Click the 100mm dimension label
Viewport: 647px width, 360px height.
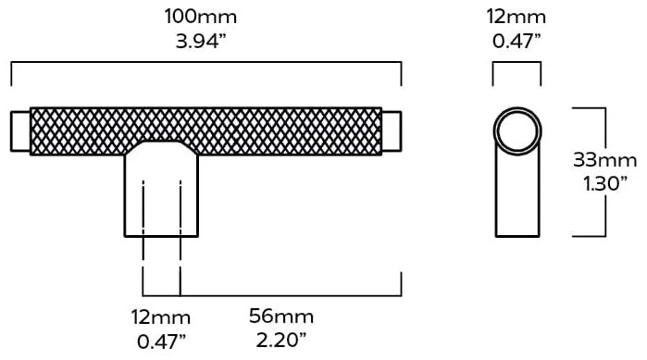pyautogui.click(x=201, y=17)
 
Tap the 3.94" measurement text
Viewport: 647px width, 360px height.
pyautogui.click(x=201, y=42)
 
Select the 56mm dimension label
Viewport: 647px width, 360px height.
pyautogui.click(x=281, y=317)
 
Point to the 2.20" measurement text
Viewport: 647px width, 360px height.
pyautogui.click(x=281, y=341)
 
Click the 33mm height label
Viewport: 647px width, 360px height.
pyautogui.click(x=605, y=160)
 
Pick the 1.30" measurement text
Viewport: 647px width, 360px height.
pyautogui.click(x=605, y=184)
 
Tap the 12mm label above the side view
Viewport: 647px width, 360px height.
pyautogui.click(x=516, y=17)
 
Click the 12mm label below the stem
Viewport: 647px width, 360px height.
pyautogui.click(x=161, y=317)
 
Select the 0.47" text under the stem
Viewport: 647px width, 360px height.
pyautogui.click(x=161, y=341)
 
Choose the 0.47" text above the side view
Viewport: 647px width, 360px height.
pyautogui.click(x=516, y=42)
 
